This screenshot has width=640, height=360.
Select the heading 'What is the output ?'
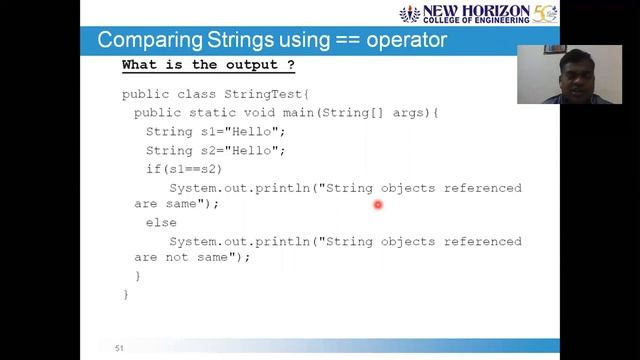pyautogui.click(x=208, y=66)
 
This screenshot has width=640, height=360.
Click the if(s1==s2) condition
pyautogui.click(x=184, y=169)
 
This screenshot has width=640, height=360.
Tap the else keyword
pyautogui.click(x=161, y=223)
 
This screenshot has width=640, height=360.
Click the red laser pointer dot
pyautogui.click(x=378, y=205)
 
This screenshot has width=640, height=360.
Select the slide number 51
pyautogui.click(x=119, y=348)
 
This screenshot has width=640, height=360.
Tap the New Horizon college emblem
pyautogui.click(x=411, y=15)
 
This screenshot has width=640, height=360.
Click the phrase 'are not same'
pyautogui.click(x=189, y=257)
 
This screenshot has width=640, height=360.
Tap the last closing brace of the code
pyautogui.click(x=126, y=294)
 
